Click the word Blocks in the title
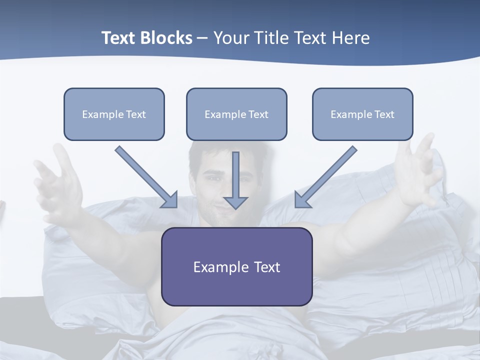[x=167, y=38]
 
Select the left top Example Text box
[x=114, y=114]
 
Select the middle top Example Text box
[x=236, y=114]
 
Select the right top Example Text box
[x=362, y=114]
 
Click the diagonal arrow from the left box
[x=145, y=176]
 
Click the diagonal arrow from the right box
[x=326, y=176]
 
